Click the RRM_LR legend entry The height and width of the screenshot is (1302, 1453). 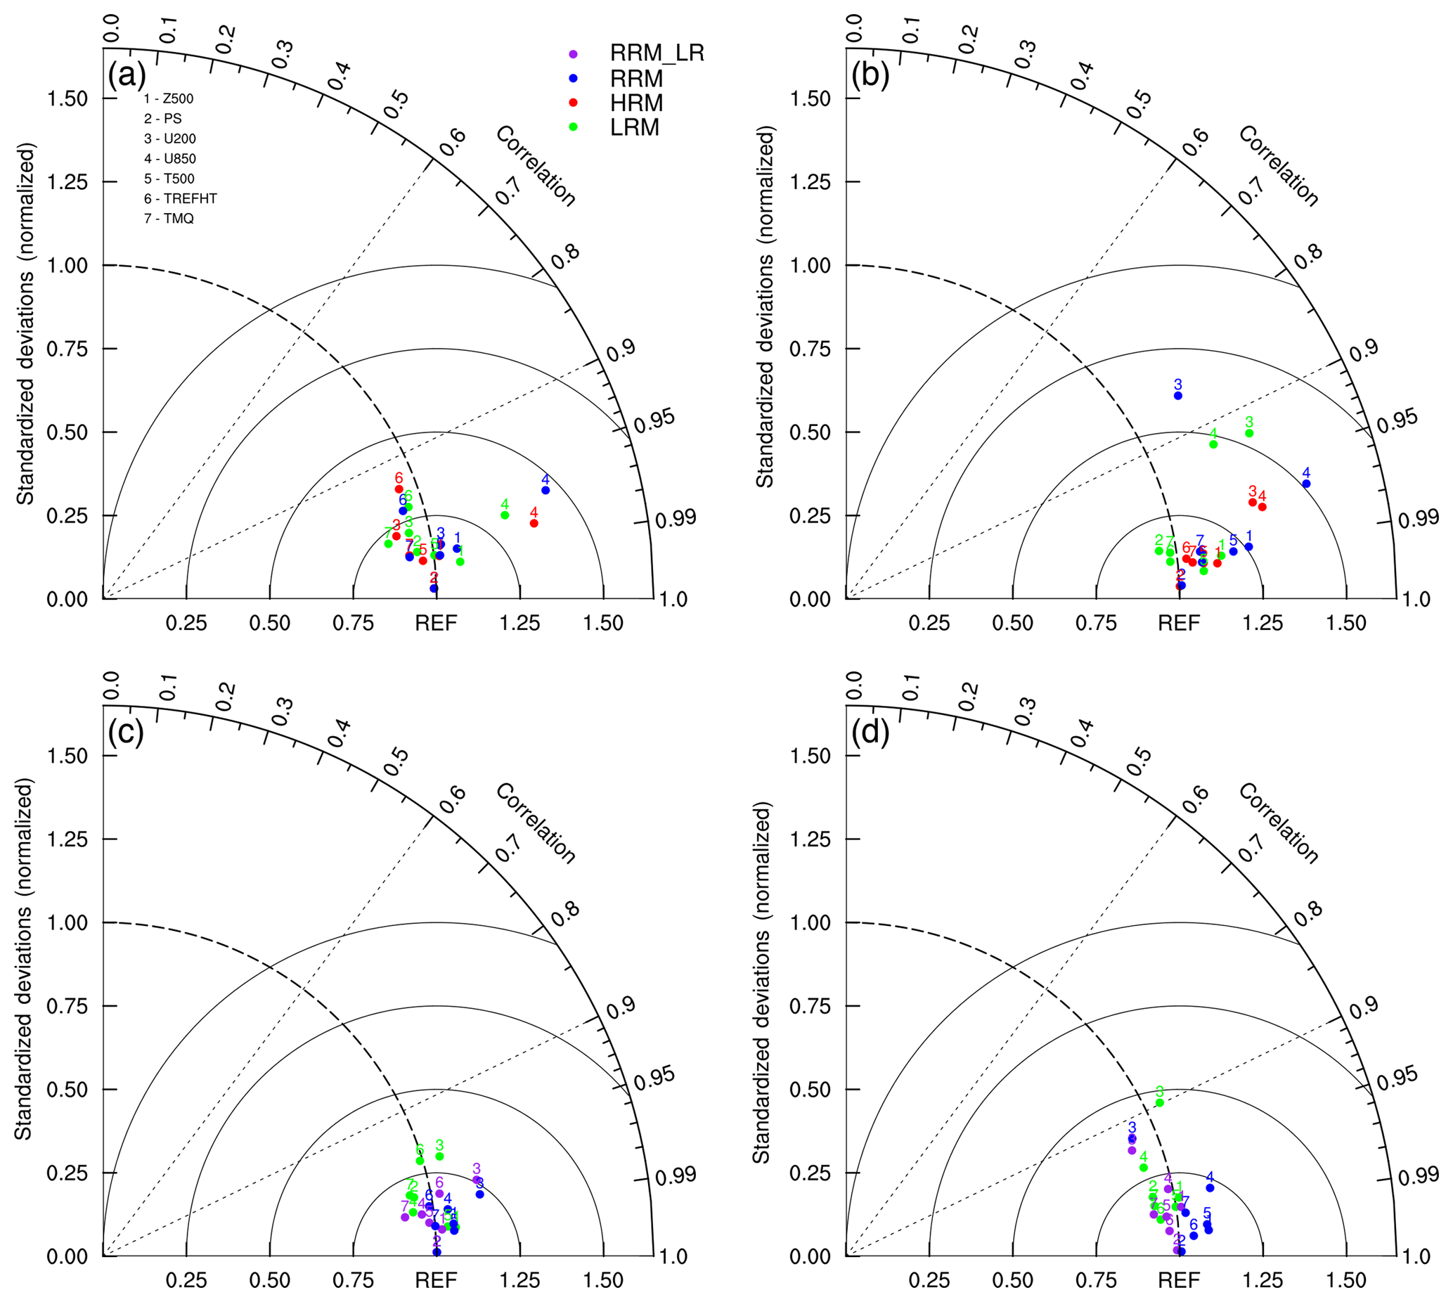(656, 53)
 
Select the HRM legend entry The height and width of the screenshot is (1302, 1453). (635, 103)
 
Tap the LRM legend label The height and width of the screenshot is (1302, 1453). (634, 128)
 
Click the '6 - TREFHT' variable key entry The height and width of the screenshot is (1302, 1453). (180, 198)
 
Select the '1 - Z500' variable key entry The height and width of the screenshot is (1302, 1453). (169, 98)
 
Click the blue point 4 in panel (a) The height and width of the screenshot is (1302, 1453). (545, 490)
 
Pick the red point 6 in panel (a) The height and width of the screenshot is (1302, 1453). (399, 489)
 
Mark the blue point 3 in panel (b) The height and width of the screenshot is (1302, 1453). (1177, 395)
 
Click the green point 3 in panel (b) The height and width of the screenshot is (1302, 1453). (1249, 433)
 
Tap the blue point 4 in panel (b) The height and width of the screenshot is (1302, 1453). (1305, 484)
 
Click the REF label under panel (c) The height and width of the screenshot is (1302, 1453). (436, 1280)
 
